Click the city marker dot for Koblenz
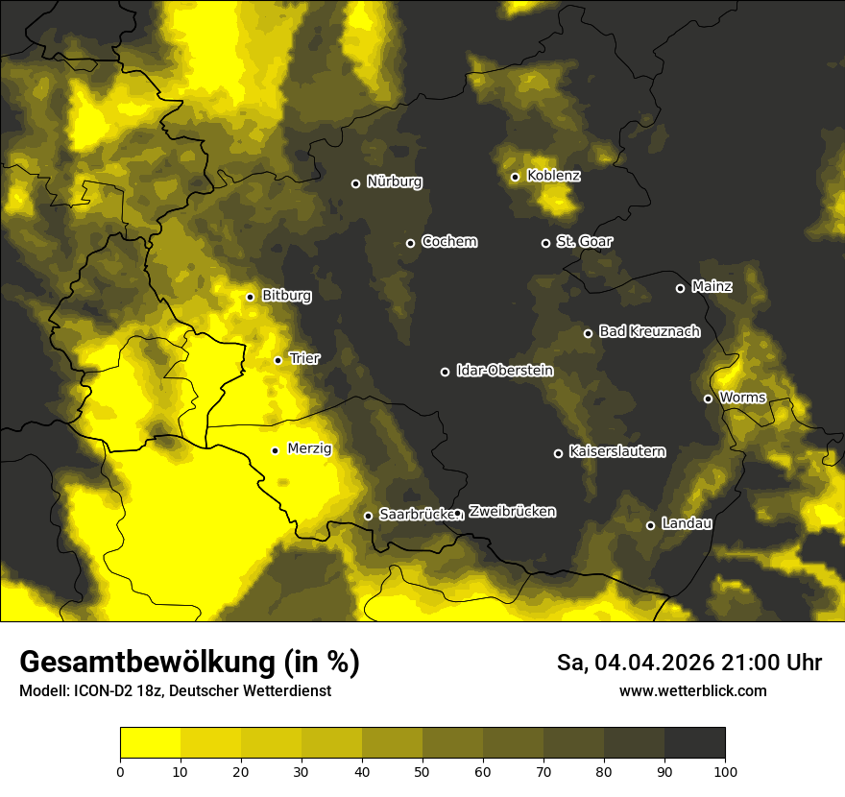tap(515, 177)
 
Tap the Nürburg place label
tap(394, 181)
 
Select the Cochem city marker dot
tap(410, 243)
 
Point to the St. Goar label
tap(584, 241)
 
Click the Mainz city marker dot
tap(680, 288)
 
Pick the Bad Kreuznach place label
tap(649, 331)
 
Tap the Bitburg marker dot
tap(250, 297)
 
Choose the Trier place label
tap(304, 358)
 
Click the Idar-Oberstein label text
tap(504, 370)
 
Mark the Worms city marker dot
tap(708, 398)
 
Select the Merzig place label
tap(309, 448)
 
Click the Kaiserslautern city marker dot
tap(558, 453)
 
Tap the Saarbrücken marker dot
tap(368, 516)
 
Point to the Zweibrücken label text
tap(512, 512)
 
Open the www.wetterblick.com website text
tap(692, 690)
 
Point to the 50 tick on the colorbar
tap(422, 771)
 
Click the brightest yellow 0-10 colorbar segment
tap(150, 742)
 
